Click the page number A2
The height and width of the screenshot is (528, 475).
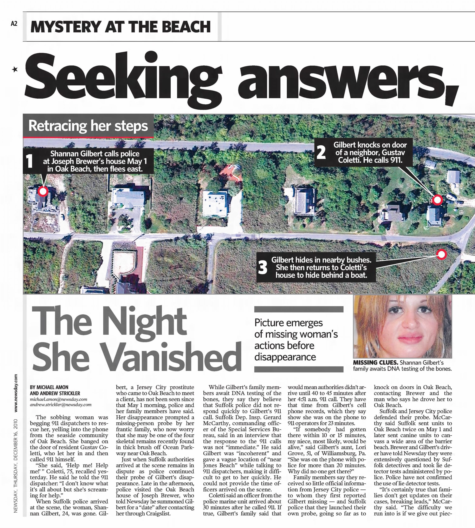click(x=14, y=24)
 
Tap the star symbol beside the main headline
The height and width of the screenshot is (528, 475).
click(x=15, y=69)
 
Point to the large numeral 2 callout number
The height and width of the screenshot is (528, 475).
click(x=321, y=153)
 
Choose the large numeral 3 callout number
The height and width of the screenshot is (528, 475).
click(x=262, y=267)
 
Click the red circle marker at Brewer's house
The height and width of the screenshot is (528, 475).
click(x=43, y=191)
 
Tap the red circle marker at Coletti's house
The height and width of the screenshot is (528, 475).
click(x=437, y=200)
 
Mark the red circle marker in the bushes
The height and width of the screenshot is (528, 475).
click(x=442, y=254)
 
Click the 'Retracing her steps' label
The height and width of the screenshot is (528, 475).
click(x=88, y=126)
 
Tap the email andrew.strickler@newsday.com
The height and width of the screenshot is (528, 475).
click(x=60, y=405)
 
